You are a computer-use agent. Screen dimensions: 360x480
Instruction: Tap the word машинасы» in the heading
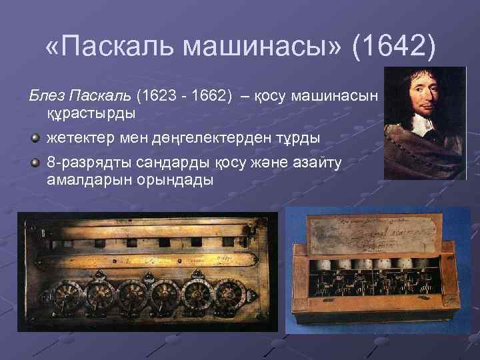point(263,47)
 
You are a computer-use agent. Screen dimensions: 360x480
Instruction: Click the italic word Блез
point(48,96)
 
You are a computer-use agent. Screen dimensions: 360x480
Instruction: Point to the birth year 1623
point(156,96)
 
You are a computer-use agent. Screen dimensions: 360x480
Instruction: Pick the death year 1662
point(208,96)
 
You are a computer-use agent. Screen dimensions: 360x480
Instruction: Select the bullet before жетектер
point(36,138)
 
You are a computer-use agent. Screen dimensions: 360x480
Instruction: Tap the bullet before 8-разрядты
point(36,163)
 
